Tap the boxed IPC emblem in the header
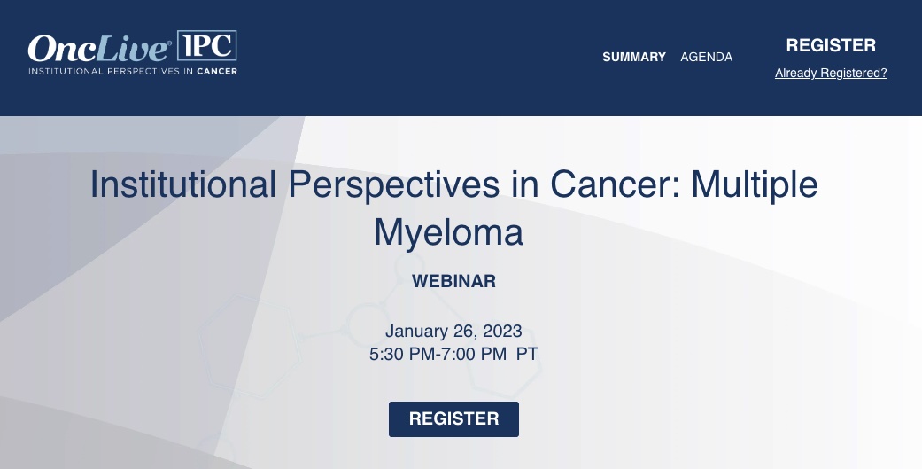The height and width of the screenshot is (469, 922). pyautogui.click(x=206, y=45)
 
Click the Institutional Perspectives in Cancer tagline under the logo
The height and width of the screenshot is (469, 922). pyautogui.click(x=133, y=71)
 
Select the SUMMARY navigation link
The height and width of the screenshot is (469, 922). pyautogui.click(x=634, y=57)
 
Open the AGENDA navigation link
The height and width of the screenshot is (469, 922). pyautogui.click(x=706, y=57)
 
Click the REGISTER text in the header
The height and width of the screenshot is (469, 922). pyautogui.click(x=831, y=45)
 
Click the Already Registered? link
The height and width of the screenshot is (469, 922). pyautogui.click(x=831, y=74)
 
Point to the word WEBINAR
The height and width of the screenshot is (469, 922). pyautogui.click(x=453, y=282)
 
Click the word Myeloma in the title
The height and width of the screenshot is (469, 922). pyautogui.click(x=448, y=231)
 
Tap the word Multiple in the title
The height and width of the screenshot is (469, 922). pyautogui.click(x=754, y=184)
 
